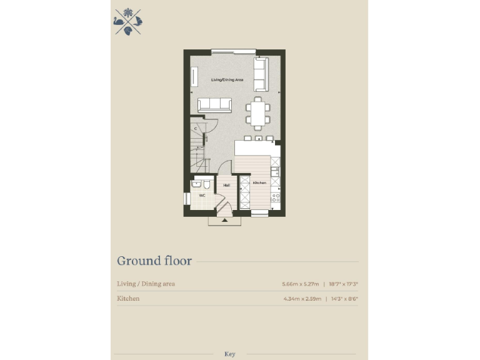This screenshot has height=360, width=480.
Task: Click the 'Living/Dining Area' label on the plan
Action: pos(227,80)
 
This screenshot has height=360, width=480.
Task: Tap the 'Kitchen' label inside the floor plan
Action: pos(260,182)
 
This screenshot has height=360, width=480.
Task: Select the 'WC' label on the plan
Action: pos(202,196)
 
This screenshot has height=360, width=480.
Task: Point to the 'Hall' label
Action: pos(226,185)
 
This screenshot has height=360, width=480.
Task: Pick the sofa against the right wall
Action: pos(261,73)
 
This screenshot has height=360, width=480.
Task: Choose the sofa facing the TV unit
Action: pos(214,106)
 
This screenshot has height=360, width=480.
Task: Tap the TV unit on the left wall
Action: pos(193,77)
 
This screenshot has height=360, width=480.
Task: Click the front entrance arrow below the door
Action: pos(224,219)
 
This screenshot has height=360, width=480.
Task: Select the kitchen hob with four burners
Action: pos(274,199)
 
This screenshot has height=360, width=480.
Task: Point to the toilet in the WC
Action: pos(206,184)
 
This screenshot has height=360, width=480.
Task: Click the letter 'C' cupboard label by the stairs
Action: pos(196,129)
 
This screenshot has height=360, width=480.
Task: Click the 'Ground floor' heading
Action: pos(154,261)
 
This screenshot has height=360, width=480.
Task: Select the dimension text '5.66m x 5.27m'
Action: pos(301,284)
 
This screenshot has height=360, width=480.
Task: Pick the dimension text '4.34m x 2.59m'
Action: pos(301,299)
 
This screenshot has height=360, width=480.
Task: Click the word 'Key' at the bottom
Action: pos(229,354)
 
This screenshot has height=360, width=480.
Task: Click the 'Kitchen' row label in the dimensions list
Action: pos(128,299)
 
